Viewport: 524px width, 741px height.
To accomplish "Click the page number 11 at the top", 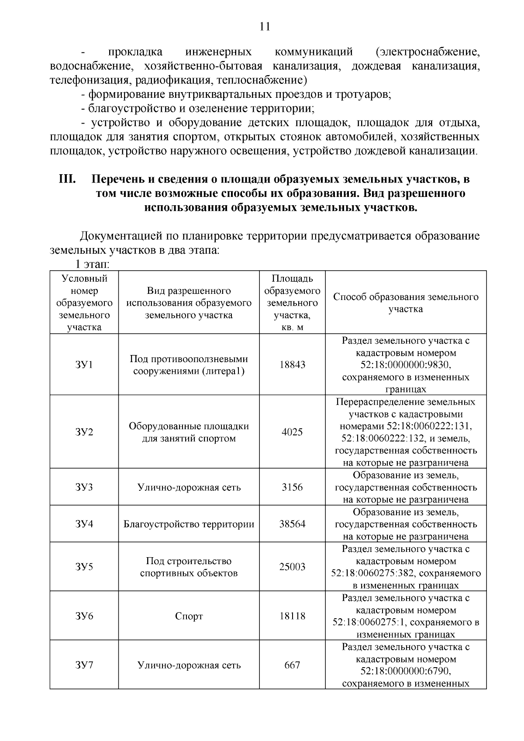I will click(265, 27).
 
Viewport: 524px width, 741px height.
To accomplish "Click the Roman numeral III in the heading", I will click(68, 179).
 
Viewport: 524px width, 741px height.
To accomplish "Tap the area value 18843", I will click(292, 365).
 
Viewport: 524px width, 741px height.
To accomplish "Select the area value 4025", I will click(292, 432).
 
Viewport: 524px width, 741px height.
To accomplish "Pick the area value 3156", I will click(292, 487).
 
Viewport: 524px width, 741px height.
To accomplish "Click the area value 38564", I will click(292, 524).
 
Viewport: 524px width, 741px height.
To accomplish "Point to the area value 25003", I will click(292, 567).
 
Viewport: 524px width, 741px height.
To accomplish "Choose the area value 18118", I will click(292, 616).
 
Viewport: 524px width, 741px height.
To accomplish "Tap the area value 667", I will click(292, 665).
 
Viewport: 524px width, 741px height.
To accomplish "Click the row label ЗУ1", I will click(84, 365).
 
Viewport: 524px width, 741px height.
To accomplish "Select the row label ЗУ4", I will click(84, 524).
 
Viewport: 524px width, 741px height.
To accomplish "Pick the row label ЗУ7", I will click(84, 665).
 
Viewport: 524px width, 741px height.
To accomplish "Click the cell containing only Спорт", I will click(189, 616).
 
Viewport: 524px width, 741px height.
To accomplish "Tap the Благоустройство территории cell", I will click(189, 524).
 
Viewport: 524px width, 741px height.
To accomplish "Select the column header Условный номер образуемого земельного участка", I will click(84, 303).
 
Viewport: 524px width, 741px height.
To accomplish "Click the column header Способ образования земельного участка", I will click(406, 303).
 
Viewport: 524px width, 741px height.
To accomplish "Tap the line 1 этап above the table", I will click(92, 265).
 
